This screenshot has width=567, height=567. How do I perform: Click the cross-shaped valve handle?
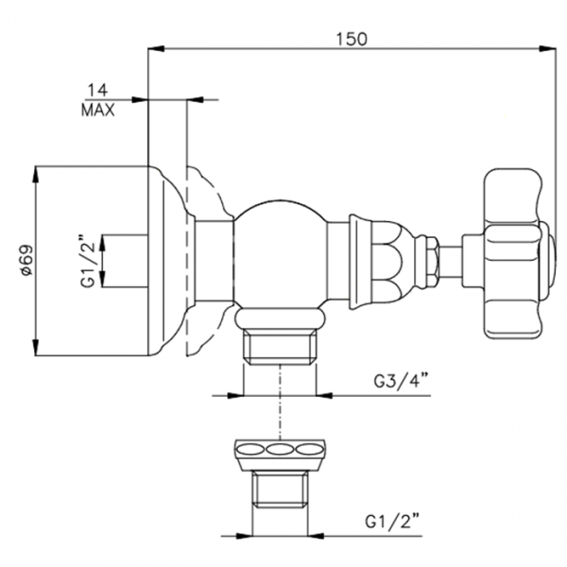pyautogui.click(x=514, y=255)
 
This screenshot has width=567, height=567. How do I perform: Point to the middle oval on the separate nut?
pyautogui.click(x=280, y=449)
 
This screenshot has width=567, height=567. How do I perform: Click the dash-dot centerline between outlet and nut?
pyautogui.click(x=280, y=406)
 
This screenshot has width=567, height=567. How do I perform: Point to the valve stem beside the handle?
pyautogui.click(x=456, y=256)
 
